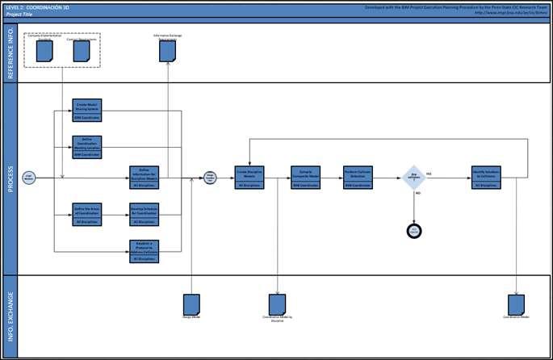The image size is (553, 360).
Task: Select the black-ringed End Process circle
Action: [414, 231]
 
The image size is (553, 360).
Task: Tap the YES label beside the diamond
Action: [429, 174]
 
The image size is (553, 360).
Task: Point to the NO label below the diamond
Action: [417, 195]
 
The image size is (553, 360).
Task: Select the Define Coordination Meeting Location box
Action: [87, 145]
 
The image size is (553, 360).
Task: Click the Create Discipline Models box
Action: [249, 178]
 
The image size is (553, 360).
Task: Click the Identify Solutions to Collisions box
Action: [487, 178]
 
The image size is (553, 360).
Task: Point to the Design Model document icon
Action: [191, 304]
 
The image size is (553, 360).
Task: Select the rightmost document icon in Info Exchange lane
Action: [517, 304]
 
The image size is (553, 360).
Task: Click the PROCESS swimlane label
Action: [10, 178]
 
